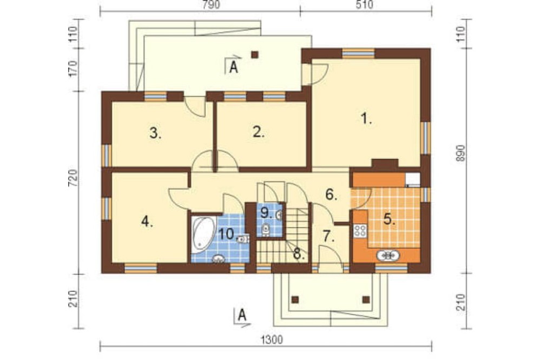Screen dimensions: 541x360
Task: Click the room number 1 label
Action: pyautogui.click(x=366, y=119)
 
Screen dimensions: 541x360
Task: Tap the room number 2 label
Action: pyautogui.click(x=259, y=132)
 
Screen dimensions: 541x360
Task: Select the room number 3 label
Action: pyautogui.click(x=155, y=133)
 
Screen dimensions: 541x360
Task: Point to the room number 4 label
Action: pyautogui.click(x=147, y=222)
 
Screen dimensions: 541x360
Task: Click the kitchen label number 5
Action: pyautogui.click(x=389, y=219)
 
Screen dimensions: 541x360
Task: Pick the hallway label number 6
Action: pyautogui.click(x=331, y=195)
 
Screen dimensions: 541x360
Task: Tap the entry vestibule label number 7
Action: pyautogui.click(x=328, y=236)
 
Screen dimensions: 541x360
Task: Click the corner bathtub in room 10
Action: pyautogui.click(x=203, y=233)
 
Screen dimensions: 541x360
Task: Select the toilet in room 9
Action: pyautogui.click(x=266, y=230)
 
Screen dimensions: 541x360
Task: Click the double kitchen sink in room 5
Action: pyautogui.click(x=388, y=256)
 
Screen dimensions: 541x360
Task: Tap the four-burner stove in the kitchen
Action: pyautogui.click(x=360, y=230)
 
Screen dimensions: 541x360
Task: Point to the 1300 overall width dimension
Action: pyautogui.click(x=272, y=339)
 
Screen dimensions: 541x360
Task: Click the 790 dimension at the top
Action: pyautogui.click(x=211, y=5)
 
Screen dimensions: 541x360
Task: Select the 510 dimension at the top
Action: pyautogui.click(x=364, y=5)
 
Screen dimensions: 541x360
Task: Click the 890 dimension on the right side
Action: pyautogui.click(x=460, y=154)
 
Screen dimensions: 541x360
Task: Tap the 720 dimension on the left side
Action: pyautogui.click(x=74, y=178)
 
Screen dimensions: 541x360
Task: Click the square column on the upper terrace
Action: pyautogui.click(x=255, y=55)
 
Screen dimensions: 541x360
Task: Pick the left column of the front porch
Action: pyautogui.click(x=295, y=299)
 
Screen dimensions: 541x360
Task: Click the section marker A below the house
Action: pyautogui.click(x=242, y=316)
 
